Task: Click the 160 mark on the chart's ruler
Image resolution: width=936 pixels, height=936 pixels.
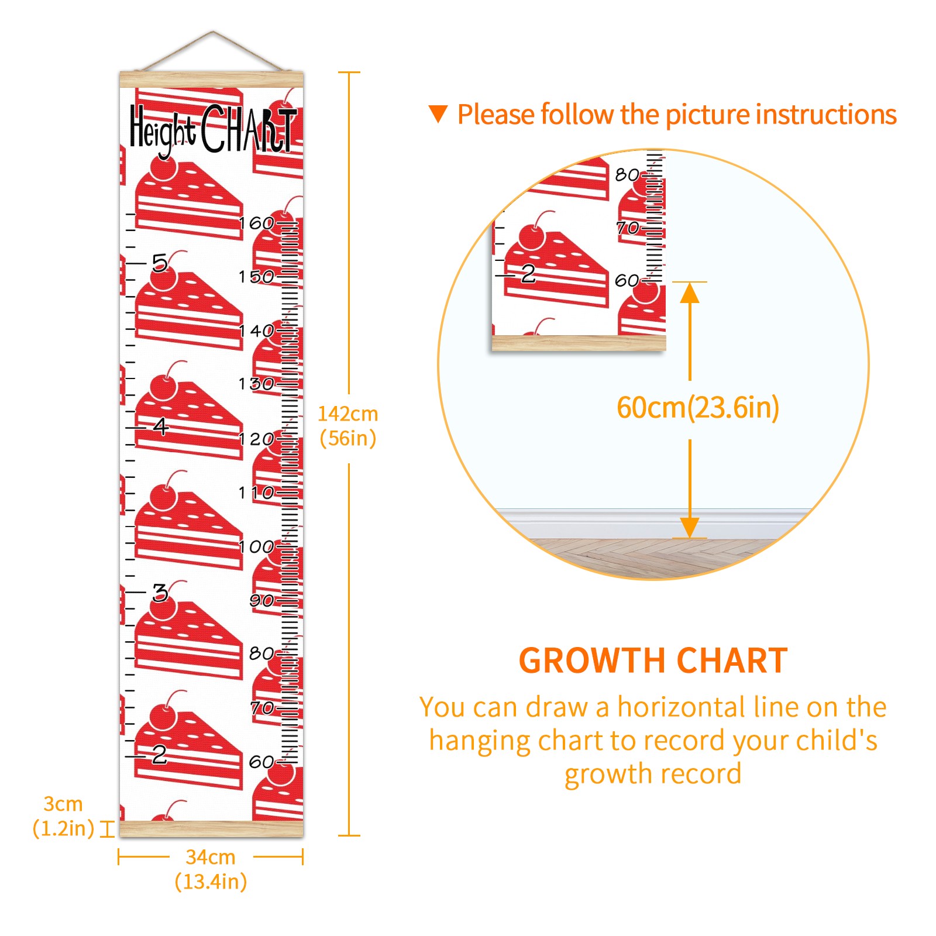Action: [x=256, y=223]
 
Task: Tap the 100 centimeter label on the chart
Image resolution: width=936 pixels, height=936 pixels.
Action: [x=256, y=546]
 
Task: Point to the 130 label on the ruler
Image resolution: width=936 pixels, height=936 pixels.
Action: [x=256, y=384]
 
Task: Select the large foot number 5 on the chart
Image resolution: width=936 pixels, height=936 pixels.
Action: [x=160, y=263]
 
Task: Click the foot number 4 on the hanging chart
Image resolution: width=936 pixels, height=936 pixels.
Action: [x=160, y=426]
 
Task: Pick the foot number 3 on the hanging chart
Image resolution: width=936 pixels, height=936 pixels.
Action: [x=160, y=593]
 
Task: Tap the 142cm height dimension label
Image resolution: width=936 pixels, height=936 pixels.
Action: [x=347, y=426]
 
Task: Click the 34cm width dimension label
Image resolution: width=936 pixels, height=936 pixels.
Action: [x=211, y=869]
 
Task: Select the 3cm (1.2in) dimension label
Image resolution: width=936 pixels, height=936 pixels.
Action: [x=63, y=816]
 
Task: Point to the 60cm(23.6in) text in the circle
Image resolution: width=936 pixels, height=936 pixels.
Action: [x=698, y=408]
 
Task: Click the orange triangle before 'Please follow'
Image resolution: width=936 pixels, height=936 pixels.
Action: [x=438, y=114]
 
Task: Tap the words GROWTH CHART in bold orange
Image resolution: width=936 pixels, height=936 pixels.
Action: [x=653, y=661]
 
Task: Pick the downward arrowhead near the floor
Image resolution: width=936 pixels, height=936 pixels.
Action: [x=690, y=527]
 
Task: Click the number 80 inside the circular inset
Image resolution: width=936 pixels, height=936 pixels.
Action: [x=627, y=174]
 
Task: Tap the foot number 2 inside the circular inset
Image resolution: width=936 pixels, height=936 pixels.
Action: [x=528, y=273]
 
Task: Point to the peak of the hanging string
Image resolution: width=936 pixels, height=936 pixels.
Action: [x=213, y=32]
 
